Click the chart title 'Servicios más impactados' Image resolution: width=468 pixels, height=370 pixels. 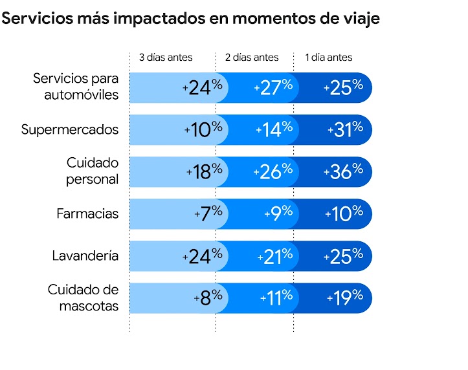190,18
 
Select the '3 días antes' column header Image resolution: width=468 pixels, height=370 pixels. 166,58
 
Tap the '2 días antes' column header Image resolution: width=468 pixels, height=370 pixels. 252,58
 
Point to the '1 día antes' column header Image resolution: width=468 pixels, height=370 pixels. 329,58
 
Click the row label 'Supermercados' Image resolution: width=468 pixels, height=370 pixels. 70,129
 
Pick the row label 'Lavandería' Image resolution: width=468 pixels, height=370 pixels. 85,256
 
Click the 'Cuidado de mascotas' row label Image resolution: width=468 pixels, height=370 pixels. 83,298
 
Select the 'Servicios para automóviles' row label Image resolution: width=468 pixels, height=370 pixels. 76,87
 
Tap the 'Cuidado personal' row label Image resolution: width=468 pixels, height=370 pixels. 93,171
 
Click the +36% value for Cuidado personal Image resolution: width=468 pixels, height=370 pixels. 342,171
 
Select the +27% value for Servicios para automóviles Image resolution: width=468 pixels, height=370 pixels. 273,87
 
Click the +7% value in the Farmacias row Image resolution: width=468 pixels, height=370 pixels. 208,213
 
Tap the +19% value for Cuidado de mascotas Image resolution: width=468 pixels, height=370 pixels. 344,298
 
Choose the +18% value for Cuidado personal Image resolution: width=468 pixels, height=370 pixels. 204,171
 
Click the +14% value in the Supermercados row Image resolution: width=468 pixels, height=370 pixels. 274,129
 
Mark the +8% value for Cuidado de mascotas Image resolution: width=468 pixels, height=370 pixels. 208,298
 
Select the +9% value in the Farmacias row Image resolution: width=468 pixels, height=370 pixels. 278,213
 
